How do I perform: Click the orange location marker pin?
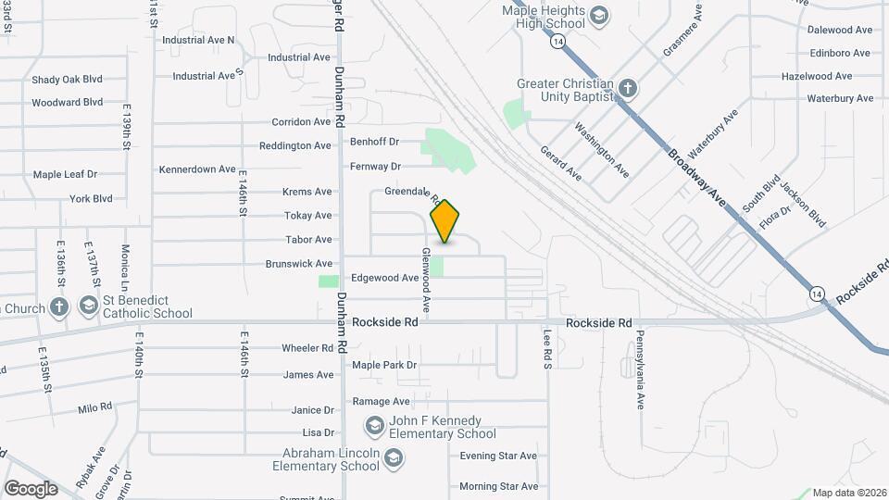point(445,220)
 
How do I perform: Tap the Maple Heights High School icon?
point(599,15)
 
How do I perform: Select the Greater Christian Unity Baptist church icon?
point(628,88)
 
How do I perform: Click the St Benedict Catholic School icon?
point(89,305)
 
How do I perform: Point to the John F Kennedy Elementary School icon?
point(375,426)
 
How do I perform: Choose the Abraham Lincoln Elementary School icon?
point(394,459)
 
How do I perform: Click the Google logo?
point(31,489)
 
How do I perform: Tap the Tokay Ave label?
point(309,216)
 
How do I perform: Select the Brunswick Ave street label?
point(298,264)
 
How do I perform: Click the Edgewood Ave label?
point(385,278)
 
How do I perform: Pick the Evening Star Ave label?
point(498,456)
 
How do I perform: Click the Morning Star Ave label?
point(498,486)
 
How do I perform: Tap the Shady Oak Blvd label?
point(67,80)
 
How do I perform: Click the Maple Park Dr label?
point(385,365)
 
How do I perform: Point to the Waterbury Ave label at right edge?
point(840,98)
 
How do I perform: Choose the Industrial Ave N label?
point(198,40)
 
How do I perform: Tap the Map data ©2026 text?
point(849,493)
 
